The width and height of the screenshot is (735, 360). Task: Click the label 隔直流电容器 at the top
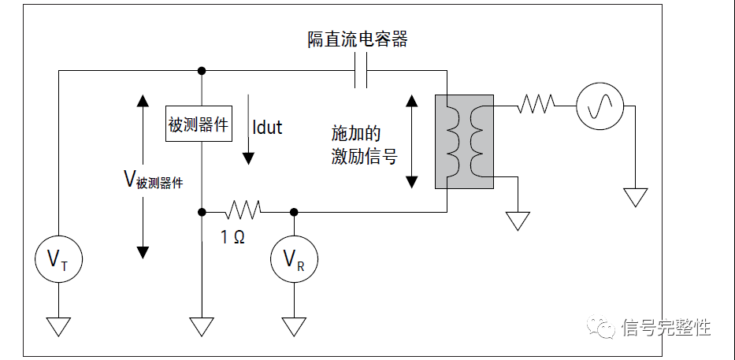click(358, 39)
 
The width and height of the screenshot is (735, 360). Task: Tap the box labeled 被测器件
click(199, 124)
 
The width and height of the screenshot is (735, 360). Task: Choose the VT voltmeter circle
click(58, 258)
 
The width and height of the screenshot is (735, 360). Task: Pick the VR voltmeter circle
click(294, 258)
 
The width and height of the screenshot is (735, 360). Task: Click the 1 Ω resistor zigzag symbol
click(243, 210)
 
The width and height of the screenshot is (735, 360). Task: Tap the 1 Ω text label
click(232, 236)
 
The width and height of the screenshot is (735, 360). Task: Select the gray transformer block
click(464, 141)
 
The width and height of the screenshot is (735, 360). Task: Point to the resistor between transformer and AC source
click(536, 104)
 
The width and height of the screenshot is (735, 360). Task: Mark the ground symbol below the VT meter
click(58, 325)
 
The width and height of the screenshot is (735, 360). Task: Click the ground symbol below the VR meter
click(294, 325)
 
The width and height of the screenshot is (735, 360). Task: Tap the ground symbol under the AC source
click(635, 197)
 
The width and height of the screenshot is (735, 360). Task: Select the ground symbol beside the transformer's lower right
click(518, 220)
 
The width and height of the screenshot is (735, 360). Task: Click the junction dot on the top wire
click(202, 71)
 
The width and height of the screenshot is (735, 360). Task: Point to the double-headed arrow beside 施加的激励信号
click(411, 141)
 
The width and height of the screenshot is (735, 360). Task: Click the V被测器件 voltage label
click(154, 180)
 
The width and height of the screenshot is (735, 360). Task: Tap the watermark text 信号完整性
click(666, 327)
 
